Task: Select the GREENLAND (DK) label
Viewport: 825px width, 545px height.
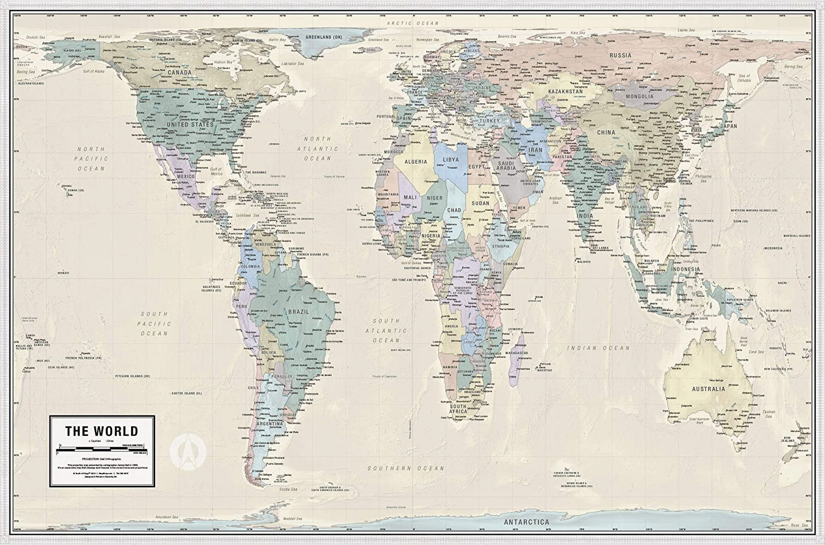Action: tap(324, 37)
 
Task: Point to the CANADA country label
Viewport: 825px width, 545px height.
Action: tap(180, 72)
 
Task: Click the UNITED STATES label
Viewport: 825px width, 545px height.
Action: tap(190, 124)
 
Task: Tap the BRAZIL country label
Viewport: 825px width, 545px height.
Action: tap(299, 312)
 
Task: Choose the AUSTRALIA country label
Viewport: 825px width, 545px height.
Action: tap(708, 389)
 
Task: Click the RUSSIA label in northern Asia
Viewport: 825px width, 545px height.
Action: tap(620, 55)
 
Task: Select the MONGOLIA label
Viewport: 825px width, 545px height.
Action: tap(640, 96)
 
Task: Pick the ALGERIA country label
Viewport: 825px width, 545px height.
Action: tap(416, 162)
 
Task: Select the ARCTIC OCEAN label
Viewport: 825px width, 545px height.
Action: tap(413, 23)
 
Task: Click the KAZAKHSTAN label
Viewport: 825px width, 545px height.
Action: tap(565, 91)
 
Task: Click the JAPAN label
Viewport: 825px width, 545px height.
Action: tap(729, 126)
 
